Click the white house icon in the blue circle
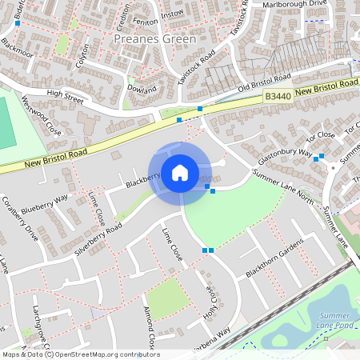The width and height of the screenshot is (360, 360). coord(180,172)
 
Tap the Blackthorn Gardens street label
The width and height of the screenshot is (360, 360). coord(275,258)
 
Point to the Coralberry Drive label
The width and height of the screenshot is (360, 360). coord(21,218)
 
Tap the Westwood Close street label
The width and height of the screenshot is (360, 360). coord(42,117)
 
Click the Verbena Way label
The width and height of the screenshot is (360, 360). coord(212,332)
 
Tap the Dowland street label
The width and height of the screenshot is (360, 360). coord(142,90)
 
